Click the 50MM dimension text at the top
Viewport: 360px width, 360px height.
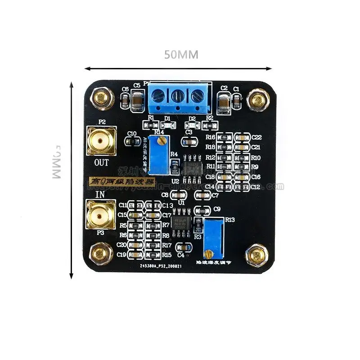[181, 54]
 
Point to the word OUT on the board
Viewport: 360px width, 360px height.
[102, 162]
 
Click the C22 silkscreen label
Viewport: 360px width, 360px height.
[256, 137]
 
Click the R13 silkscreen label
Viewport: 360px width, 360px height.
[230, 220]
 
